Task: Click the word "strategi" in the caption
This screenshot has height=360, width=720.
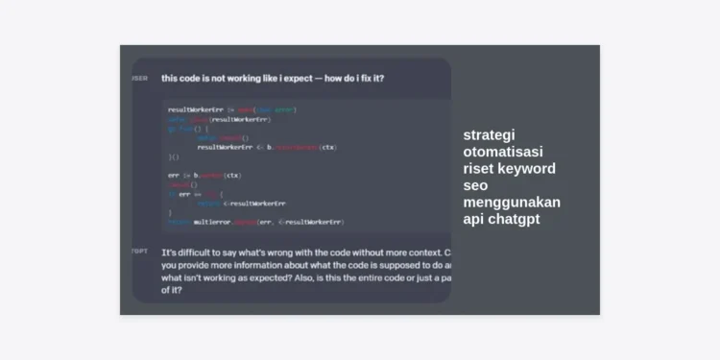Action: click(x=489, y=135)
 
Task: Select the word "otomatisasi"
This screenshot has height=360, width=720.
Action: click(x=502, y=152)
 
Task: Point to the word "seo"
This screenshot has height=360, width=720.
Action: click(x=475, y=185)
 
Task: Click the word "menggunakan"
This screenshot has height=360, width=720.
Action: click(x=512, y=203)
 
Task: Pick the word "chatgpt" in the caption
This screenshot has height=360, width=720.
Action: click(x=515, y=219)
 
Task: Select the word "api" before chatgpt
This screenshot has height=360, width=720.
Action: click(x=474, y=219)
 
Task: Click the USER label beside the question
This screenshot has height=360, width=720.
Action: click(x=139, y=79)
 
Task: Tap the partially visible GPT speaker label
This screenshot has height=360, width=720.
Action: click(x=139, y=252)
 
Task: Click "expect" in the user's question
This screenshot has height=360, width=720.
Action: click(x=292, y=79)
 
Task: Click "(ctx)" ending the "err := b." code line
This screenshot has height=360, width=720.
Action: click(x=232, y=176)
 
